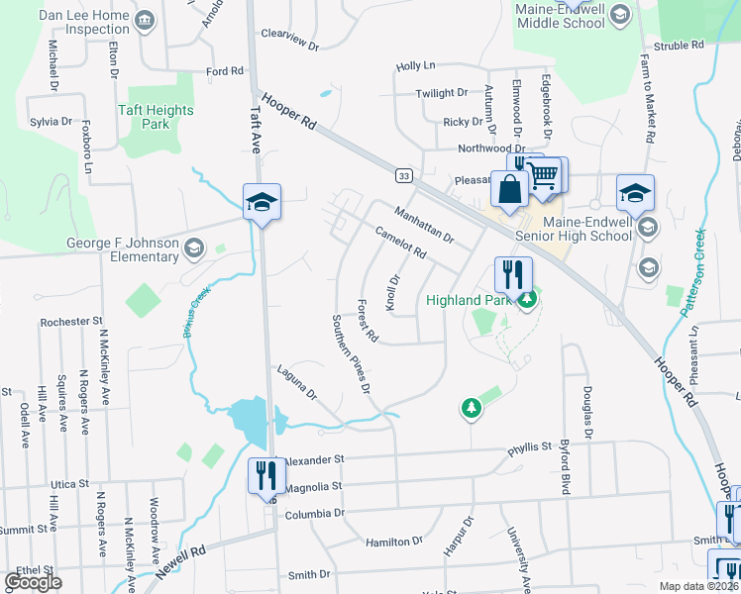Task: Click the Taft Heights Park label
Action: tap(155, 118)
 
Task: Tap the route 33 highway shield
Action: tap(403, 175)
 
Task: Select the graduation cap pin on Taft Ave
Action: tap(262, 202)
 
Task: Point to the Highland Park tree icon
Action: tap(528, 299)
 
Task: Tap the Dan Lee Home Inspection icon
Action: tap(146, 21)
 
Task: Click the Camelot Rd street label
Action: tap(401, 243)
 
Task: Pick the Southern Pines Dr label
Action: tap(351, 354)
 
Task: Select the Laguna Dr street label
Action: tap(297, 387)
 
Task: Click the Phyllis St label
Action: tap(529, 447)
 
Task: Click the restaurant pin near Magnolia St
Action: tap(265, 475)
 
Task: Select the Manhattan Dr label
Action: tap(423, 225)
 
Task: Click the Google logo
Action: tap(34, 582)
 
